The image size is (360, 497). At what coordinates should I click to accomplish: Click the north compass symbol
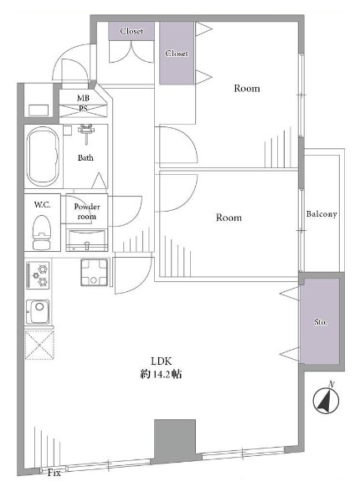coord(326,400)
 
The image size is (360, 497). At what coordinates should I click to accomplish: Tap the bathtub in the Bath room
coord(43,156)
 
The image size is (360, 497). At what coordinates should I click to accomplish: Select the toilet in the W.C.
coord(42,233)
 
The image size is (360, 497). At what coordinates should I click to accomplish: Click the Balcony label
coord(321,214)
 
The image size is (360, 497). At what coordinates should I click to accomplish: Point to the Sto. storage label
coord(321,322)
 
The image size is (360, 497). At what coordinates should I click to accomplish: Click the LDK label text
coord(161,361)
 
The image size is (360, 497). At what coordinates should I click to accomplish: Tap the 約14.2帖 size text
coord(161,375)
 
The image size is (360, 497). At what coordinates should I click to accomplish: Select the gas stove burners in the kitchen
coord(38,275)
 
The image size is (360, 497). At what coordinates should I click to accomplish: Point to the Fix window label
coord(54,474)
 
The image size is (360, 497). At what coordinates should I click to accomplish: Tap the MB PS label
coord(83,103)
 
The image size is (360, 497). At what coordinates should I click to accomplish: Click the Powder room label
coord(87,212)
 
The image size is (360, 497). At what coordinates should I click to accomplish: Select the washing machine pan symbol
coord(95,272)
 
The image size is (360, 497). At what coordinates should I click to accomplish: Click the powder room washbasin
coord(87,240)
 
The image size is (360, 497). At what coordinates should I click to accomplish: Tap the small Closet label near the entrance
coord(131,31)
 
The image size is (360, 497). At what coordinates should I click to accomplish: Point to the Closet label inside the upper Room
coord(177,54)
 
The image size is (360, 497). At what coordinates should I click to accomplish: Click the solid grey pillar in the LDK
coord(175,439)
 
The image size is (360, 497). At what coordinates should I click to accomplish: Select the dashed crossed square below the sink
coord(39,345)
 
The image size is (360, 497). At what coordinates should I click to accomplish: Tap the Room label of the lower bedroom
coord(229,218)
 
